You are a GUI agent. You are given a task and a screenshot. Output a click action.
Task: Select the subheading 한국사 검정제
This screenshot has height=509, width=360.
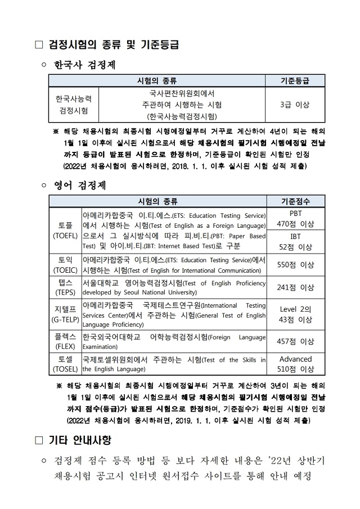pos(84,65)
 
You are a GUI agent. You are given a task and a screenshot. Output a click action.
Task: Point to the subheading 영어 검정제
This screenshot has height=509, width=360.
pos(80,184)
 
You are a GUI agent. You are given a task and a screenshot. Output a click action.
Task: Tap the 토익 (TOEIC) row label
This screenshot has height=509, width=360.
pos(65,264)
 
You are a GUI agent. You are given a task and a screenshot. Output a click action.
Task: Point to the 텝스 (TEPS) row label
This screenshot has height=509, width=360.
pos(65,287)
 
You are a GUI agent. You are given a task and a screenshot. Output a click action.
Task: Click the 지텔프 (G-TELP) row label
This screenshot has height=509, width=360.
pos(65,314)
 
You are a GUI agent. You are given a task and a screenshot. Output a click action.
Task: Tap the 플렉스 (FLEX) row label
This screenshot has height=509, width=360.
pos(65,341)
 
